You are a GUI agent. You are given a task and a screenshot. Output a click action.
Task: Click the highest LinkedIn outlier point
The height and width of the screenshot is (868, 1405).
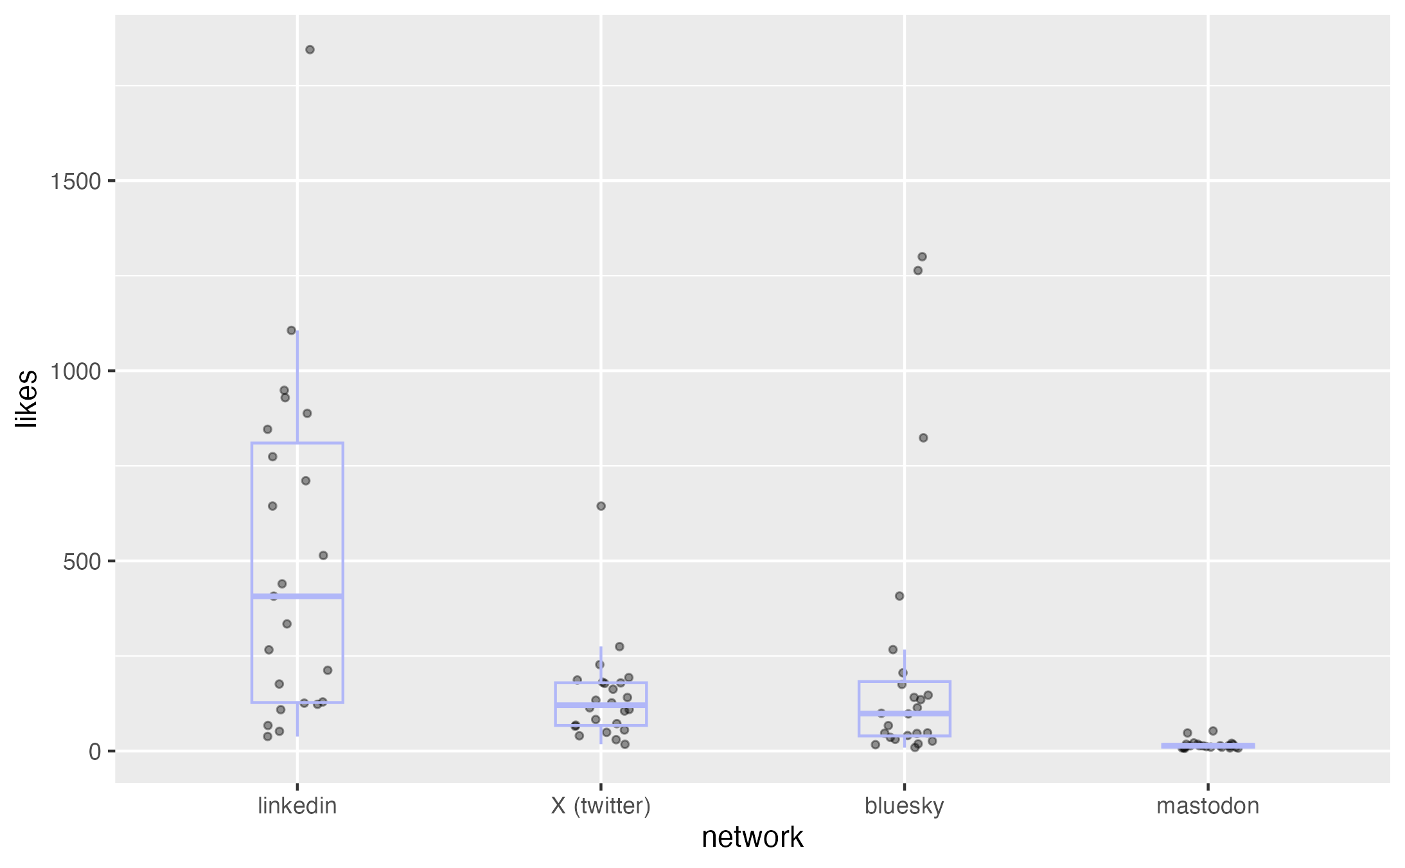(310, 49)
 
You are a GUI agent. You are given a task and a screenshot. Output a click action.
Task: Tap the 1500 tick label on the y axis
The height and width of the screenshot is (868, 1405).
(76, 181)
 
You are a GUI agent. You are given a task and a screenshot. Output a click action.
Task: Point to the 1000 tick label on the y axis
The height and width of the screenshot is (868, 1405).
(76, 371)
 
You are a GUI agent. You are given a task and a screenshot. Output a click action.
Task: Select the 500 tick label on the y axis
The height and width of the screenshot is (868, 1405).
(82, 562)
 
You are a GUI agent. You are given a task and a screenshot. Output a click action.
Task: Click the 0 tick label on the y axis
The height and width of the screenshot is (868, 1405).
(95, 751)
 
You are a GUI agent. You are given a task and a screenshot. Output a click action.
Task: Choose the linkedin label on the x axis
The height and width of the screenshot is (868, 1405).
(297, 806)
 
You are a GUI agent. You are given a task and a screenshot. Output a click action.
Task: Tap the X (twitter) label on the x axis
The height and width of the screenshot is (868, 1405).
(601, 806)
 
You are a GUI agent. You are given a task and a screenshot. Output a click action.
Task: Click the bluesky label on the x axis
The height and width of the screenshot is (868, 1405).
(904, 806)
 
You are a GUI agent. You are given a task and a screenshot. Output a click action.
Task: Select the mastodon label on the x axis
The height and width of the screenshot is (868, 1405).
(1208, 806)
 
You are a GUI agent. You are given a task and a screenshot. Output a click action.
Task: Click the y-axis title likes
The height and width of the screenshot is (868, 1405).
(27, 398)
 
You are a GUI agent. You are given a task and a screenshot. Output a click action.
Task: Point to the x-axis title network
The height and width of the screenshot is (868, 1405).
(752, 837)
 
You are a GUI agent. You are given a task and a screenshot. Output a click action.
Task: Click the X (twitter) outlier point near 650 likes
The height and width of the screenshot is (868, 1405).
(601, 506)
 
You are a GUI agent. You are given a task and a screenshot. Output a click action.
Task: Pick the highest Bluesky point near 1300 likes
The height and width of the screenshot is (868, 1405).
(922, 257)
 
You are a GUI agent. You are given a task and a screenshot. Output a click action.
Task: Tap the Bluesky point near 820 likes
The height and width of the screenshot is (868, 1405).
(923, 438)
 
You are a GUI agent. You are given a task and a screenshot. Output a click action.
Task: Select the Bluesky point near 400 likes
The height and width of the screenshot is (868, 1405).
(899, 596)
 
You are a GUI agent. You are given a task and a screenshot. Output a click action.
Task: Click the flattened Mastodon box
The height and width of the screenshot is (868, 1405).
(1208, 745)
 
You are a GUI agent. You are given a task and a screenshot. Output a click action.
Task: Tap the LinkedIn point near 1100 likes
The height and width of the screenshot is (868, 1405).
(291, 330)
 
